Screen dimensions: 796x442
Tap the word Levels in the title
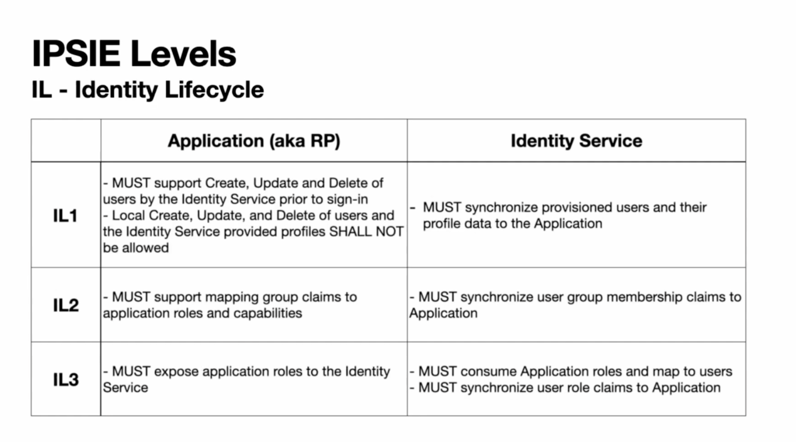click(184, 54)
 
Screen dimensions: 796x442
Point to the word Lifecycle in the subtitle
click(214, 90)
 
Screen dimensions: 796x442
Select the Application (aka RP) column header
click(254, 141)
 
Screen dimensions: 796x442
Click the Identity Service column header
click(577, 141)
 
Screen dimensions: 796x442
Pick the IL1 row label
click(65, 215)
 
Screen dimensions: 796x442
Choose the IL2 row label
click(66, 305)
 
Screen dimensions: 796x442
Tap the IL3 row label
click(66, 379)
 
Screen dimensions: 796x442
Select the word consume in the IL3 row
click(486, 372)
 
